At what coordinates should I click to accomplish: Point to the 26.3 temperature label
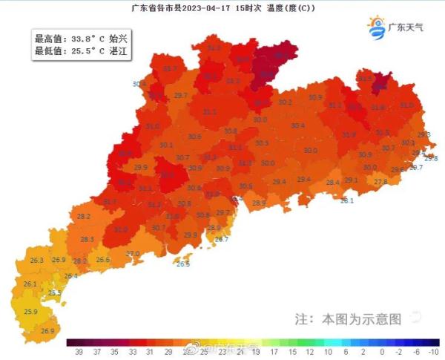tap(36, 261)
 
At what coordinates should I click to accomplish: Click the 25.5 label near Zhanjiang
tap(54, 293)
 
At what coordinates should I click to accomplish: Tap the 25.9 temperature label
tap(30, 312)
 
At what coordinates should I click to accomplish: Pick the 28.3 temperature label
tap(87, 240)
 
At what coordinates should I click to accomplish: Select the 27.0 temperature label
tap(133, 254)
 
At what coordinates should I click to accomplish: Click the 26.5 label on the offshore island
tap(183, 264)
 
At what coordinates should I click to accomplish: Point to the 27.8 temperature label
tap(380, 182)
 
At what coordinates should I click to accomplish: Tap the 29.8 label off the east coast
tap(431, 158)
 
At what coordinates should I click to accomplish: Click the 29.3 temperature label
tap(423, 135)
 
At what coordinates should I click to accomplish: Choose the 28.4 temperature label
tap(332, 183)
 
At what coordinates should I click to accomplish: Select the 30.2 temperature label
tap(285, 102)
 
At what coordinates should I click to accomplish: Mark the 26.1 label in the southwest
tap(30, 284)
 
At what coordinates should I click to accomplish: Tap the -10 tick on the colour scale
tap(434, 352)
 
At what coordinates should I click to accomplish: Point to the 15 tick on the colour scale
tap(291, 352)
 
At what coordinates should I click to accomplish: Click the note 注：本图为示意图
tap(349, 319)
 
